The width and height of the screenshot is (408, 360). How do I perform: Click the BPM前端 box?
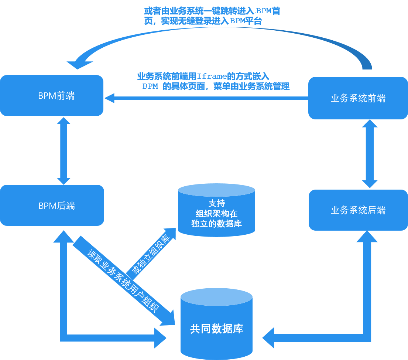52,95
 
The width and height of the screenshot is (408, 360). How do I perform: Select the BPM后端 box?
52,205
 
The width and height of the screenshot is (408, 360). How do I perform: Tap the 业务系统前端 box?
358,98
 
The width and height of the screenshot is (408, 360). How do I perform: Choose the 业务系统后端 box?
358,210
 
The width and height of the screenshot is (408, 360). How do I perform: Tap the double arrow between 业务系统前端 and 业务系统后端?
369,153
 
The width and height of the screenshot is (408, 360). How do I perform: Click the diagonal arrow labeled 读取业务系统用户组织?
122,281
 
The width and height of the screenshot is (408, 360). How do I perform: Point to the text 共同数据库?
216,329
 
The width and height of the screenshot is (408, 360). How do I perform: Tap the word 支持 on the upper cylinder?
216,203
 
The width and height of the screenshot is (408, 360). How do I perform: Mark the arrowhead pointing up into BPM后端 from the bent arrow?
64,237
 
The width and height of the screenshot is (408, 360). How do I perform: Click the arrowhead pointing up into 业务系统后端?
367,237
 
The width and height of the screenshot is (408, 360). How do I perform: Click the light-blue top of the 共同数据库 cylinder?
216,297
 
